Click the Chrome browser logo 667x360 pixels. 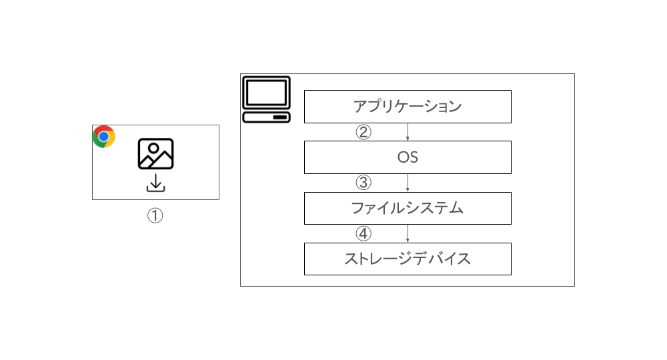pyautogui.click(x=104, y=137)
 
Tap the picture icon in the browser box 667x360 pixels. pyautogui.click(x=155, y=153)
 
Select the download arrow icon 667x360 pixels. pyautogui.click(x=155, y=183)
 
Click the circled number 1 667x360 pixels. pyautogui.click(x=155, y=215)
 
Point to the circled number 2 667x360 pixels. pyautogui.click(x=364, y=132)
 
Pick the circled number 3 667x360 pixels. pyautogui.click(x=364, y=183)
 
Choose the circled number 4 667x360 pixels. pyautogui.click(x=364, y=233)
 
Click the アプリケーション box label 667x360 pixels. pyautogui.click(x=408, y=106)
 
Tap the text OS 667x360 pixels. pyautogui.click(x=408, y=157)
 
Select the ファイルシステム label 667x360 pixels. pyautogui.click(x=408, y=208)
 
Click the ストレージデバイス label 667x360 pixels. pyautogui.click(x=408, y=259)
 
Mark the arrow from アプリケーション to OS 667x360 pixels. pyautogui.click(x=408, y=132)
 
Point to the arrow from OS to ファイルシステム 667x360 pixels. pyautogui.click(x=408, y=183)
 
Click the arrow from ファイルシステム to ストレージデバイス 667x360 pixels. pyautogui.click(x=408, y=233)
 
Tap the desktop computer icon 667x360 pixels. pyautogui.click(x=266, y=99)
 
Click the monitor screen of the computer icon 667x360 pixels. pyautogui.click(x=266, y=93)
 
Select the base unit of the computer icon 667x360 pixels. pyautogui.click(x=266, y=117)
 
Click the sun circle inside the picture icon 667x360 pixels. pyautogui.click(x=153, y=148)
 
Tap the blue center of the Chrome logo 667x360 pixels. pyautogui.click(x=103, y=137)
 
